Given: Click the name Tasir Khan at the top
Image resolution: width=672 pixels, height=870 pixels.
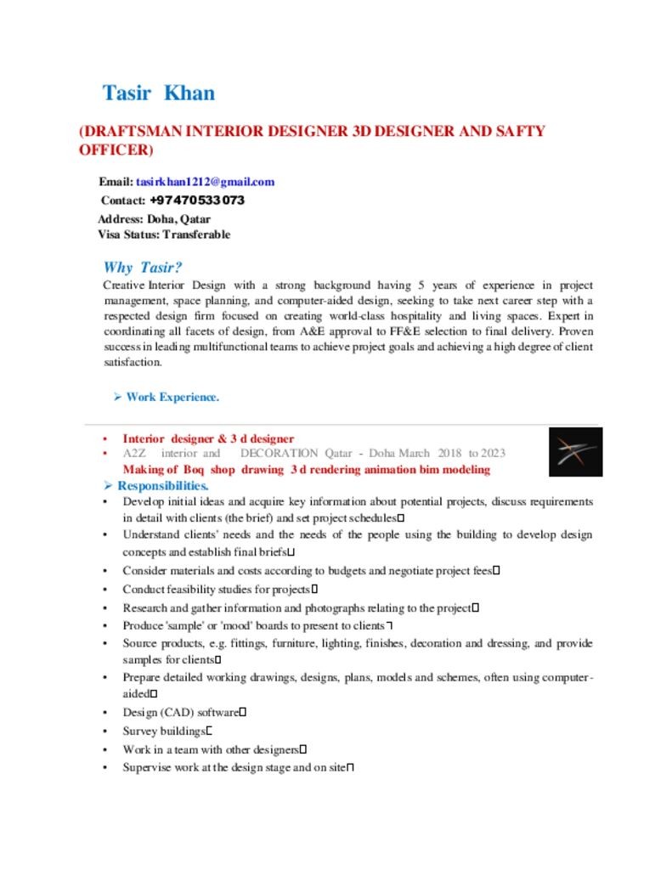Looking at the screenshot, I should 158,93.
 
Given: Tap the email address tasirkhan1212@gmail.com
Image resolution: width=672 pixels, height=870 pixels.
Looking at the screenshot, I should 205,182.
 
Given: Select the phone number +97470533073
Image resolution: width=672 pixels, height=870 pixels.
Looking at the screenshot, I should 197,201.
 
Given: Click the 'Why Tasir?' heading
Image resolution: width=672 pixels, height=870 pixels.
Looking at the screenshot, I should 143,268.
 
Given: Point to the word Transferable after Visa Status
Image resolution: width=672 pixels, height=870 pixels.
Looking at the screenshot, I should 196,234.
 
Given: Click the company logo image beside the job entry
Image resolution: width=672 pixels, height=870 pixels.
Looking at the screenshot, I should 575,452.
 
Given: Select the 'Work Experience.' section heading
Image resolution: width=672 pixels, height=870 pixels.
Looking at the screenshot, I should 172,397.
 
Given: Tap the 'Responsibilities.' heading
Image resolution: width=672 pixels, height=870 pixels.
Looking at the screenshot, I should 162,486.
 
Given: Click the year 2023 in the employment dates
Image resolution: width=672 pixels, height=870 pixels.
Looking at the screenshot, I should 493,454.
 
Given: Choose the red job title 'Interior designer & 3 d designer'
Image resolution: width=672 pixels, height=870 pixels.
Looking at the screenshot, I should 208,438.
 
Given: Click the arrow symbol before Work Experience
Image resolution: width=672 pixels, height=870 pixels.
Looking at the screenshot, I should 118,397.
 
